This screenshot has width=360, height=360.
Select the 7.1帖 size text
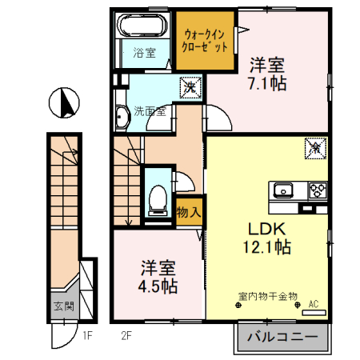tap(266, 82)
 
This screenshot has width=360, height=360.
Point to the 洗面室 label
tap(150, 111)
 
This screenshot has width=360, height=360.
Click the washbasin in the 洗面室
tap(121, 117)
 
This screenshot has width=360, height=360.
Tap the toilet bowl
tap(158, 198)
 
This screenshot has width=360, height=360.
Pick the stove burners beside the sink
tap(315, 190)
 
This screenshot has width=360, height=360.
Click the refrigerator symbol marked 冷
tap(315, 147)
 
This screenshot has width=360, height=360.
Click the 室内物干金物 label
tap(266, 295)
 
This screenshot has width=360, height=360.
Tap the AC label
tap(313, 303)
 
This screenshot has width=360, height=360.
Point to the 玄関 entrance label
tap(63, 306)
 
